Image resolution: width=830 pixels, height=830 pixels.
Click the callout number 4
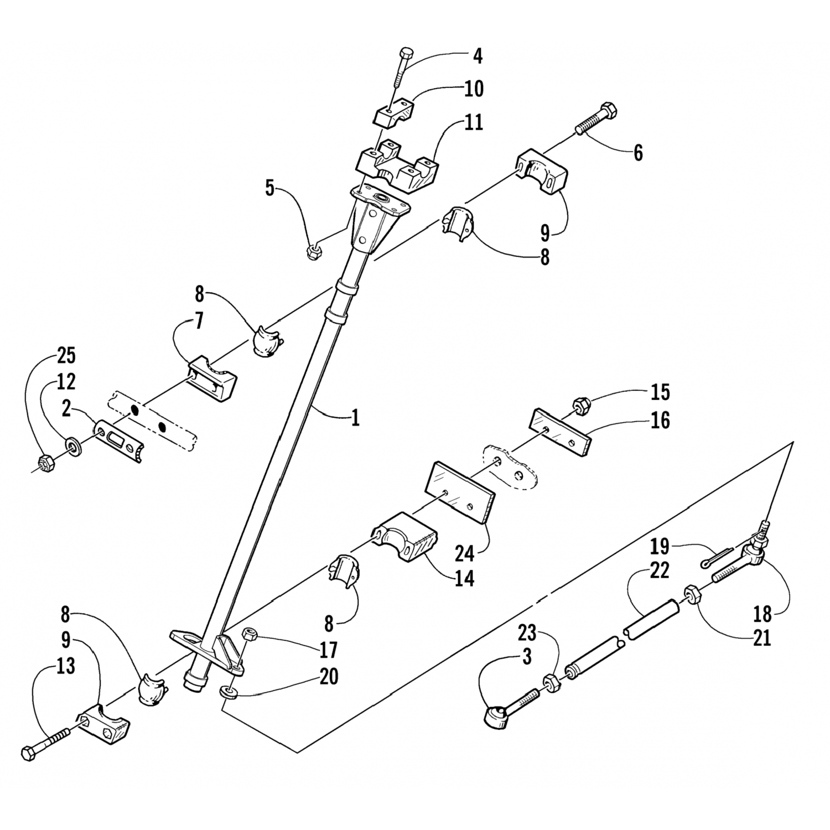pyautogui.click(x=477, y=56)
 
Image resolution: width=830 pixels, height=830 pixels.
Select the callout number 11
pyautogui.click(x=473, y=122)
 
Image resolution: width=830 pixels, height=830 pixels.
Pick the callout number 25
pyautogui.click(x=66, y=356)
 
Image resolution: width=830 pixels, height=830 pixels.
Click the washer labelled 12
pyautogui.click(x=72, y=445)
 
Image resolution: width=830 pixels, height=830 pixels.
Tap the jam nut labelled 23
pyautogui.click(x=551, y=683)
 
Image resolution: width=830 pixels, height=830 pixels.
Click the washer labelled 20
pyautogui.click(x=227, y=692)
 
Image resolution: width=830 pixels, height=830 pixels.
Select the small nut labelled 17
pyautogui.click(x=250, y=632)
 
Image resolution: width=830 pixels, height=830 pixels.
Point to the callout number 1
pyautogui.click(x=355, y=417)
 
